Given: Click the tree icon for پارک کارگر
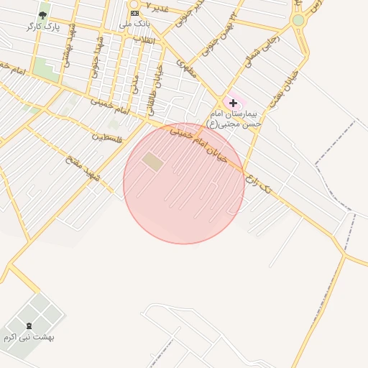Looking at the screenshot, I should [x=43, y=14].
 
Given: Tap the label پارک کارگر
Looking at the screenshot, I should [x=43, y=27].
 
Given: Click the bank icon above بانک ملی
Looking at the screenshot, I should [x=134, y=14].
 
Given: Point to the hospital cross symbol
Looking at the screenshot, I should [x=233, y=103].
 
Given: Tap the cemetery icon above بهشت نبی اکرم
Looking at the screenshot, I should [x=29, y=326].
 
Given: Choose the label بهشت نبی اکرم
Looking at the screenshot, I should [x=29, y=337].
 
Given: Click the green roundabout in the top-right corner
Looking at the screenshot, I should [x=298, y=20].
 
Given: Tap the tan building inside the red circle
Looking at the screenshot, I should [x=152, y=161].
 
